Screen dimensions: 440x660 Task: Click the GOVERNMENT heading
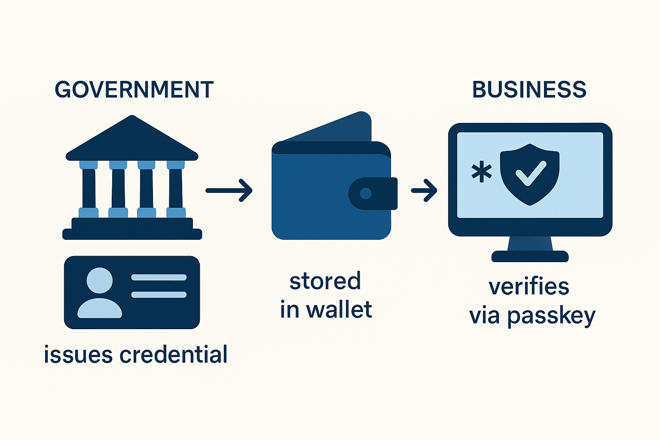[x=134, y=90]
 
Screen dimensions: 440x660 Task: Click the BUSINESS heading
[x=529, y=90]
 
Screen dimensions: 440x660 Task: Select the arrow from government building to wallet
[x=229, y=190]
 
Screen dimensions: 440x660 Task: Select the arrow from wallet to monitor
[x=424, y=190]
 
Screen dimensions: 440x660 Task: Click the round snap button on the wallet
[x=366, y=193]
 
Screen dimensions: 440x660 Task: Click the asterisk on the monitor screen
[x=482, y=172]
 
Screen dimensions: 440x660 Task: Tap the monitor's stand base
[x=530, y=257]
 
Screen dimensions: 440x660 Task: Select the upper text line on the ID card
[x=159, y=278]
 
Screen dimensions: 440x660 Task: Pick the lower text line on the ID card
[x=159, y=295]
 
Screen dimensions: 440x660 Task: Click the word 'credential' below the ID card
[x=173, y=354]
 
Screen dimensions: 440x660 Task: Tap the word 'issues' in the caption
[x=78, y=355]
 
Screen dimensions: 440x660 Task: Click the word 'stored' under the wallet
[x=325, y=281]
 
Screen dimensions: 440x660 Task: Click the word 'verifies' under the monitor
[x=529, y=287]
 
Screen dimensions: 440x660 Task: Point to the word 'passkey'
[x=551, y=317]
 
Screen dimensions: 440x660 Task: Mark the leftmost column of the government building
[x=89, y=188]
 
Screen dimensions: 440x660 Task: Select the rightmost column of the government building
[x=176, y=188]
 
